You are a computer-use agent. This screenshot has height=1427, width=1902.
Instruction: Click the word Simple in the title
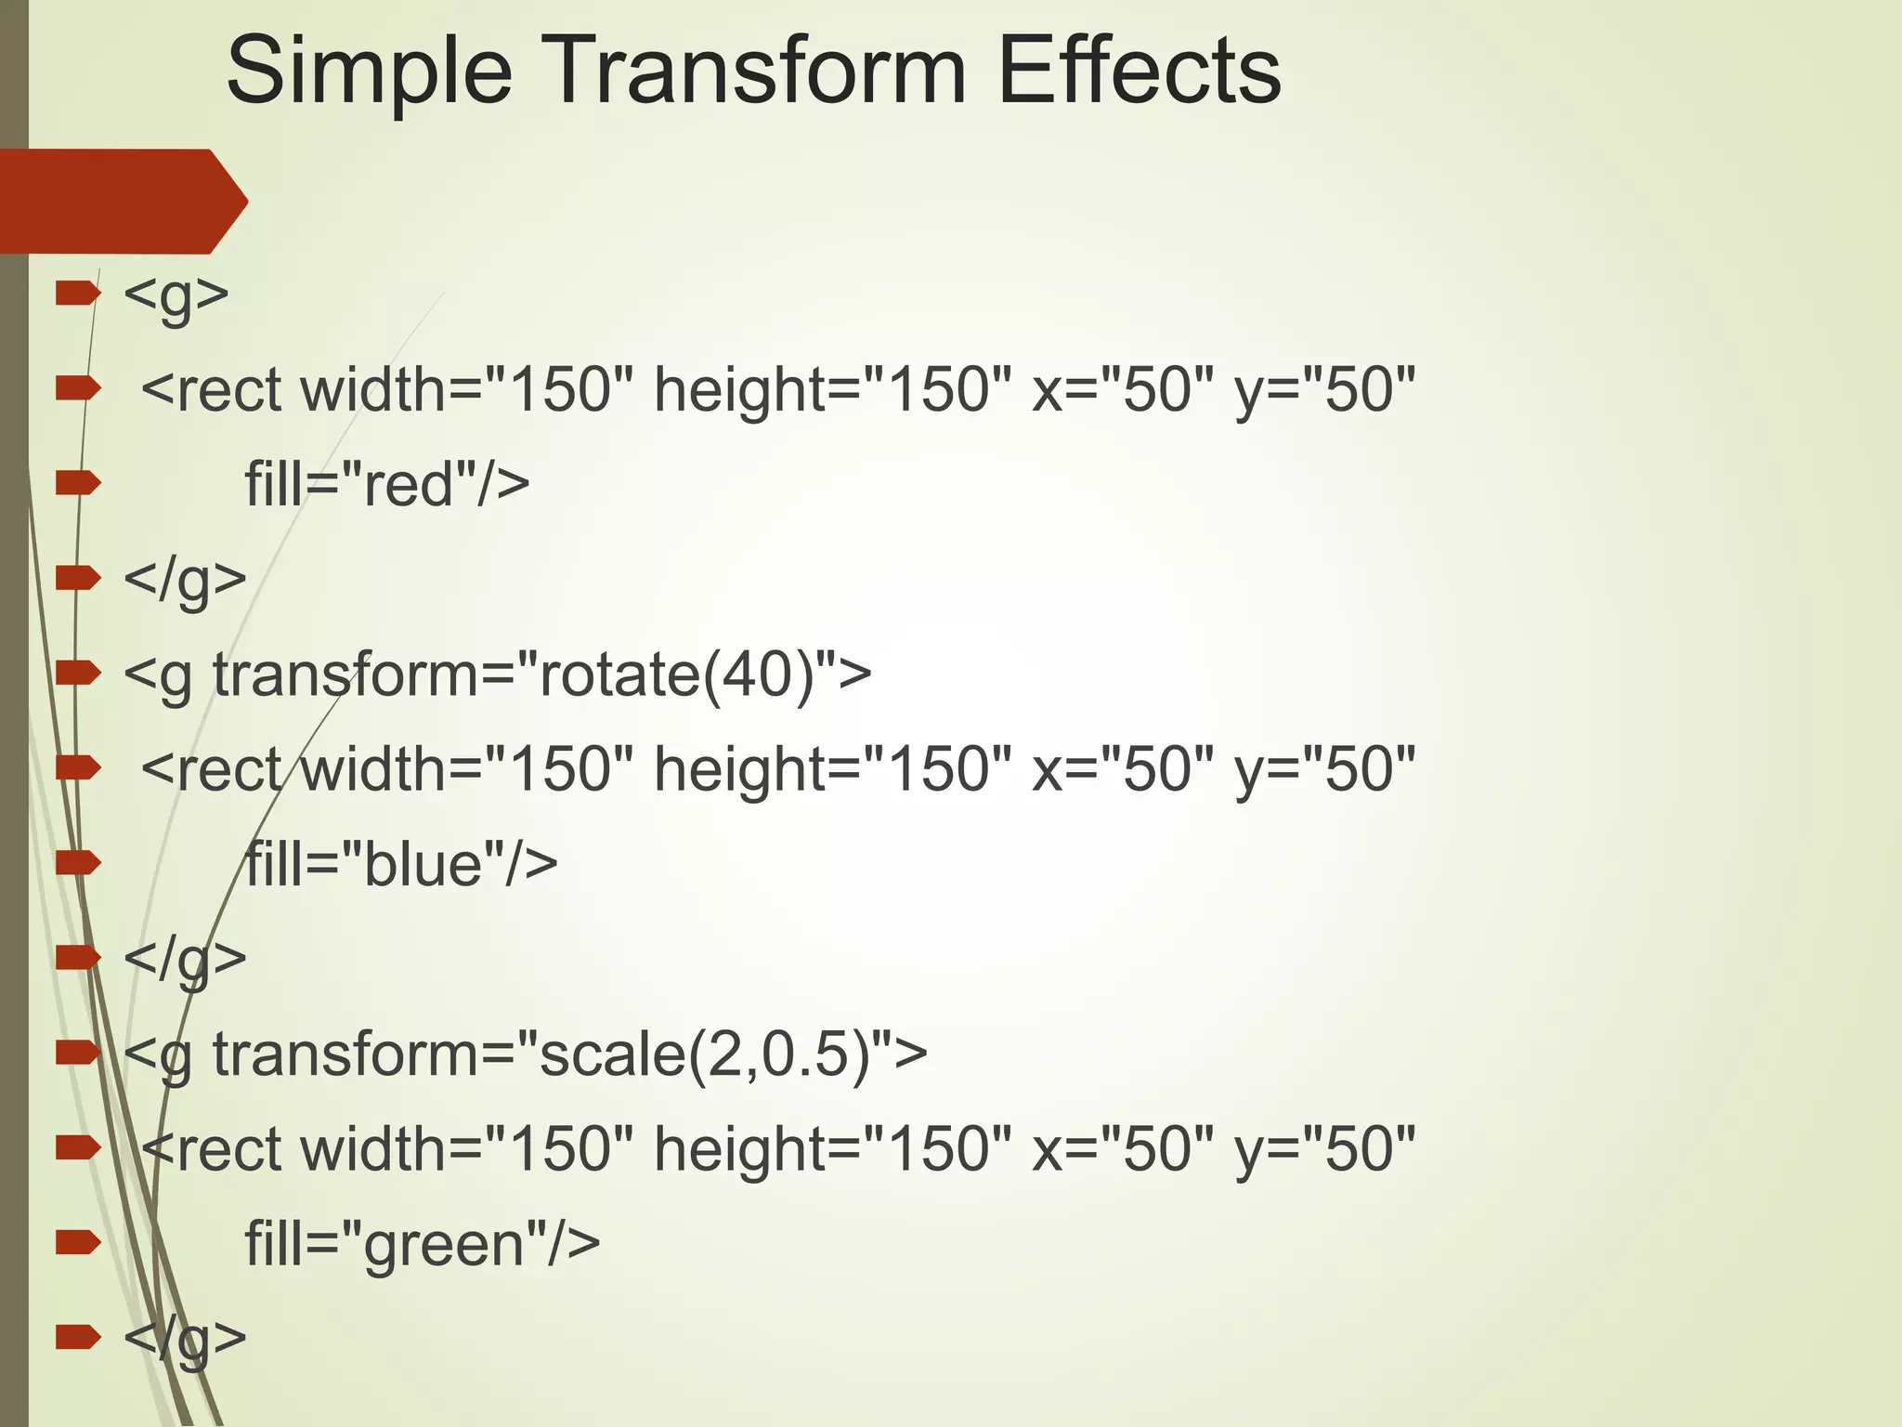pos(369,72)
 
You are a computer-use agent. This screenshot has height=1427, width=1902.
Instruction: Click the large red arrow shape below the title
pos(121,201)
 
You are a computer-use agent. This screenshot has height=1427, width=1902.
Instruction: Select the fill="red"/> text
pos(386,484)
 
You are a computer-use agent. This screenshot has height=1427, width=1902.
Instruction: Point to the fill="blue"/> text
pos(400,863)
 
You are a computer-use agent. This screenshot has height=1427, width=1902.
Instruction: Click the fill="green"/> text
pos(422,1243)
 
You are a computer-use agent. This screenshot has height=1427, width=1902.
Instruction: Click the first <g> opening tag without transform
pos(176,295)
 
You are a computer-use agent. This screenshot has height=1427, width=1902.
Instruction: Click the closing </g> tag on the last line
pos(185,1338)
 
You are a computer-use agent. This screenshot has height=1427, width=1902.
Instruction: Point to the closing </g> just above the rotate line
pos(185,579)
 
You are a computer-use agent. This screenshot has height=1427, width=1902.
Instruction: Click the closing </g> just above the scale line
pos(185,958)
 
